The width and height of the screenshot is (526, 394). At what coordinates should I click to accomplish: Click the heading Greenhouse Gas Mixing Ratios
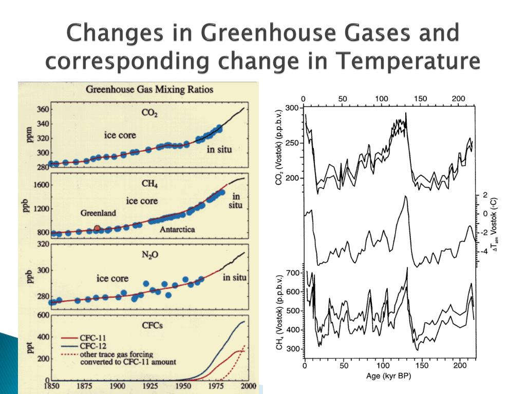point(149,89)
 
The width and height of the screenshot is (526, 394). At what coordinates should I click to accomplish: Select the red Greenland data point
point(97,228)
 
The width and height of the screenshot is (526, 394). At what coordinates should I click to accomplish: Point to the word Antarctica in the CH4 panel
point(177,229)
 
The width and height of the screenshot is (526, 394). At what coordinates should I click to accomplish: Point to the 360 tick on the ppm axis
point(43,109)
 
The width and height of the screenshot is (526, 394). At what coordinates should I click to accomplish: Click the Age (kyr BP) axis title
point(389,376)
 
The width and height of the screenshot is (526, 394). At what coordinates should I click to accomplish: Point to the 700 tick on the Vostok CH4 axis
point(292,273)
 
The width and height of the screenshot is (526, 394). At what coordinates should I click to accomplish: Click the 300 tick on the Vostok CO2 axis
point(291,108)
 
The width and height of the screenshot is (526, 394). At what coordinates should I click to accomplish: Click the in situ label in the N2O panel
point(234,278)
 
